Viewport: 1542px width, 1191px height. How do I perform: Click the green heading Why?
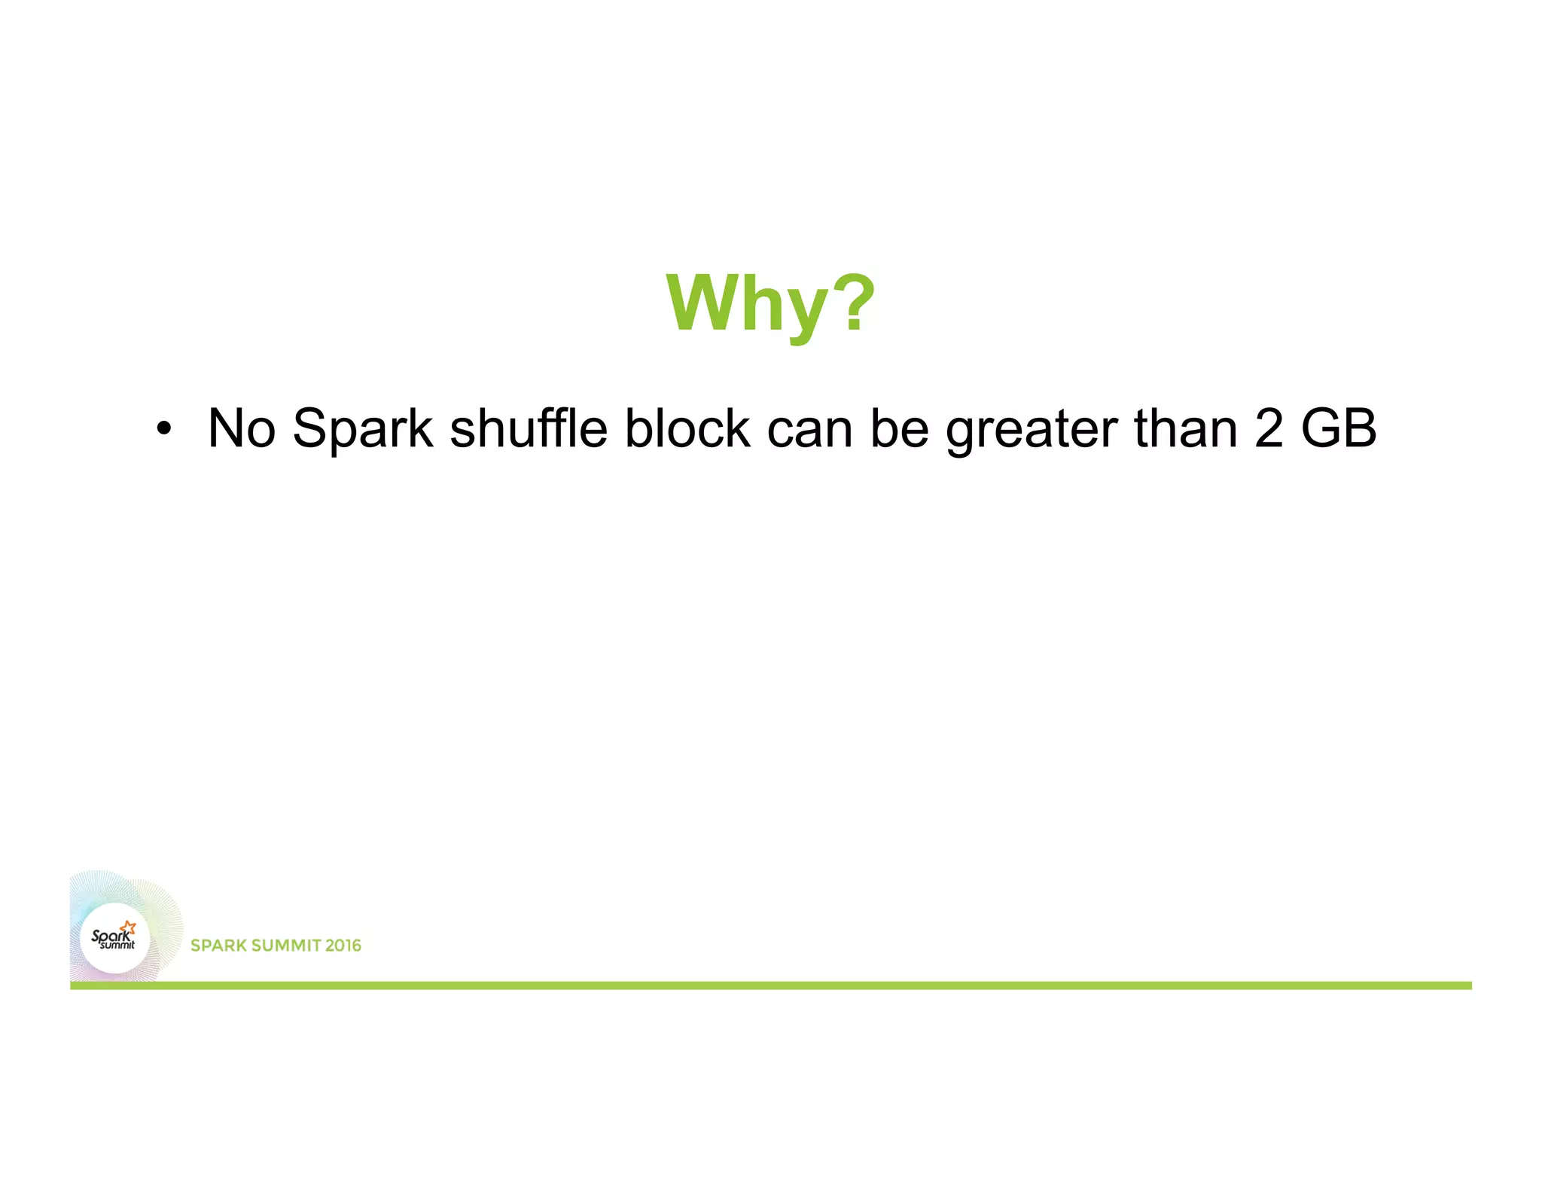click(x=770, y=303)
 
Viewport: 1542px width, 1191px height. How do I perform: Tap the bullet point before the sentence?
click(x=163, y=429)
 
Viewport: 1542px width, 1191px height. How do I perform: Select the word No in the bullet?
click(x=241, y=428)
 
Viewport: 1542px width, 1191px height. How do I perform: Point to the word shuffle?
click(x=528, y=428)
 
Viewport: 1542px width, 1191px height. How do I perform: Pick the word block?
click(x=687, y=428)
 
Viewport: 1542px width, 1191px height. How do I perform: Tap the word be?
click(x=899, y=428)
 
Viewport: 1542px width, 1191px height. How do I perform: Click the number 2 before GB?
click(x=1269, y=428)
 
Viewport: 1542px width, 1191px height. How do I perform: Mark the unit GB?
click(x=1339, y=428)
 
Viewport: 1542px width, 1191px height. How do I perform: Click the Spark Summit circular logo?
click(x=115, y=938)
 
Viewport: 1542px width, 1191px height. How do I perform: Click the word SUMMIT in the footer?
click(x=284, y=946)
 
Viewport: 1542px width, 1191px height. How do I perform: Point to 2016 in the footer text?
click(x=343, y=946)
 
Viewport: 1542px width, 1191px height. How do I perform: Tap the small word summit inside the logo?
click(x=117, y=946)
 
